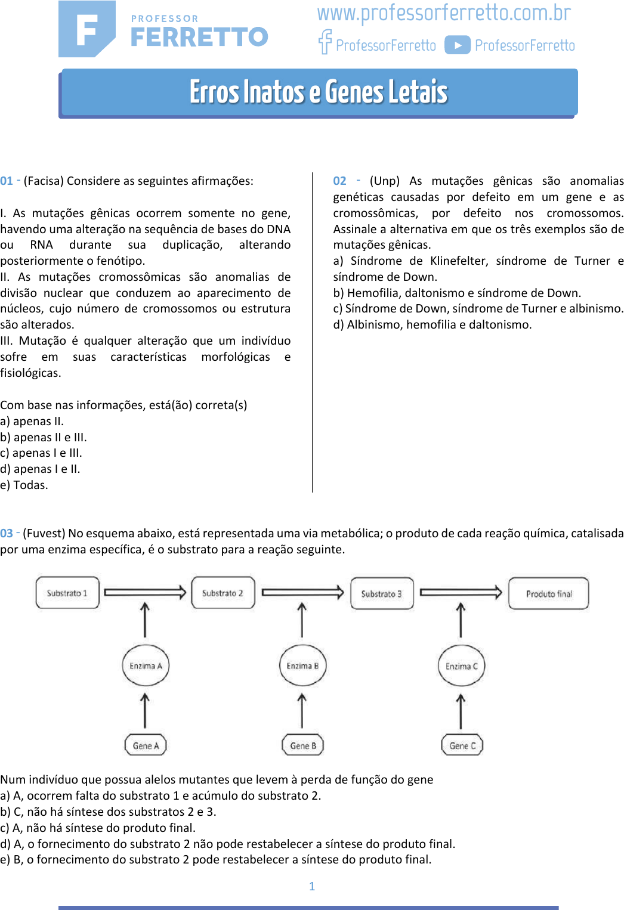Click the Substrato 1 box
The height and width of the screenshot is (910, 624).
[67, 593]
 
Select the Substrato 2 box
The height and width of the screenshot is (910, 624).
[223, 593]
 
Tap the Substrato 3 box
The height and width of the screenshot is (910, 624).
[382, 593]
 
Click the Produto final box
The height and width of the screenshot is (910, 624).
[549, 593]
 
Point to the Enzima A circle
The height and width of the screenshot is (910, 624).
[146, 666]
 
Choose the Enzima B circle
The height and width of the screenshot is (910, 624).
[302, 666]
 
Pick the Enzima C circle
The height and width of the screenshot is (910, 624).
[461, 666]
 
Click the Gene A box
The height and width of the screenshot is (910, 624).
[146, 745]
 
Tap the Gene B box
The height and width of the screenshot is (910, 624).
[302, 745]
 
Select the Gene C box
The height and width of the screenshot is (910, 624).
[462, 745]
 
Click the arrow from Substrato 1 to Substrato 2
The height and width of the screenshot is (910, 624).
[145, 592]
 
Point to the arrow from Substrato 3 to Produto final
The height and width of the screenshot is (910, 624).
[461, 592]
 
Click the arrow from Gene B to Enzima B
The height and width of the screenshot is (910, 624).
[302, 711]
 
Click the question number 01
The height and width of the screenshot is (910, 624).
[7, 181]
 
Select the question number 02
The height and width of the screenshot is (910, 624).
[339, 181]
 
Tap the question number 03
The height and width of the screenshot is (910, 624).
[7, 533]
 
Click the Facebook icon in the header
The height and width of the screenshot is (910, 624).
[325, 42]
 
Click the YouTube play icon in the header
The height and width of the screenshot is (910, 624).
[458, 45]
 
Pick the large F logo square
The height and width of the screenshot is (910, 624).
[87, 29]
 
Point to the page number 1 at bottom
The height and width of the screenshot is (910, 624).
[312, 886]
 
